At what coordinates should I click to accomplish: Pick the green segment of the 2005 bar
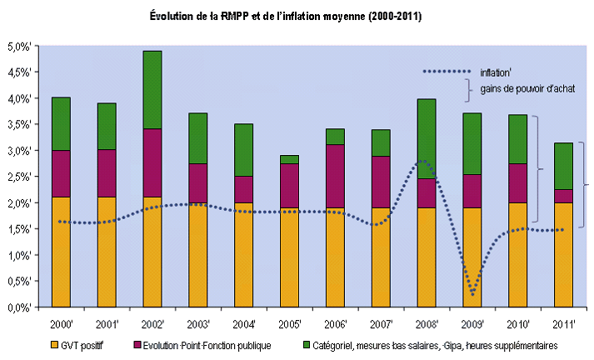tap(289, 159)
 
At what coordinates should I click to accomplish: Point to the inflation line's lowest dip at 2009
tap(472, 293)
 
